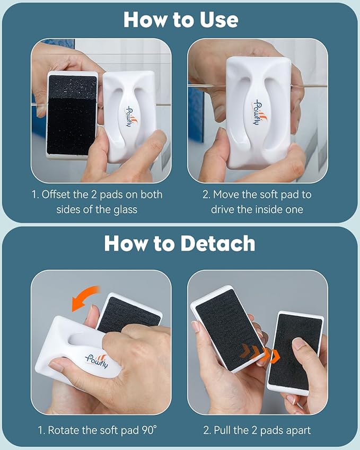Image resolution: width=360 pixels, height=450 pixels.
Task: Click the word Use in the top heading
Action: (x=219, y=20)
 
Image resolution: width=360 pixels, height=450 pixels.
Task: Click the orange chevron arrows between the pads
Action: (x=259, y=354)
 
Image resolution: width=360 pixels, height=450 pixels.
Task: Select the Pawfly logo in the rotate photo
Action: (x=96, y=361)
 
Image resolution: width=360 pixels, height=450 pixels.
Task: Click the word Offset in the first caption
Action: (x=56, y=195)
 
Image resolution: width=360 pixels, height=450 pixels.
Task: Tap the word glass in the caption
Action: (x=125, y=210)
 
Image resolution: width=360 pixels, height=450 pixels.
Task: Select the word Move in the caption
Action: (x=226, y=195)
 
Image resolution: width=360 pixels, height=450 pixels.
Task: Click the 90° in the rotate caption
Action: (x=150, y=430)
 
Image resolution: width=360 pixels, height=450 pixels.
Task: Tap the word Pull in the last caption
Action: (x=222, y=430)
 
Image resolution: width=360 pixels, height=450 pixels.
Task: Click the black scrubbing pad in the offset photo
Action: (x=72, y=116)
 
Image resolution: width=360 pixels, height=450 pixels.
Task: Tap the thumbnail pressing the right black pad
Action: (x=298, y=343)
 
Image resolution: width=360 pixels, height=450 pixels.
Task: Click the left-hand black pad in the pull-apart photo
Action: (x=228, y=330)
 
